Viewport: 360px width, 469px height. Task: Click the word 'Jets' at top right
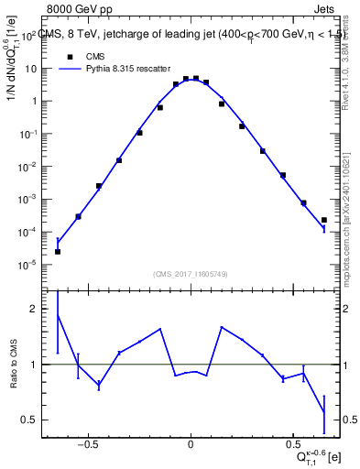[327, 8]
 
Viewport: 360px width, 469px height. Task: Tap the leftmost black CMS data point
[58, 251]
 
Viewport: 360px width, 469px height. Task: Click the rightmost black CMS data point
[324, 220]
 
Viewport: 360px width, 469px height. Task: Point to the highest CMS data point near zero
[196, 79]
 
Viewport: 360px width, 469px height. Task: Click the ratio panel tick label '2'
[33, 310]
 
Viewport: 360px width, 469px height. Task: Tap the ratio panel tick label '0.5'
[29, 420]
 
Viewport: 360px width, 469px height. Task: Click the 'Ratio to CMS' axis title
[13, 364]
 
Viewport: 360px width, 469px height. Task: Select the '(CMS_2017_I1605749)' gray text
[191, 274]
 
